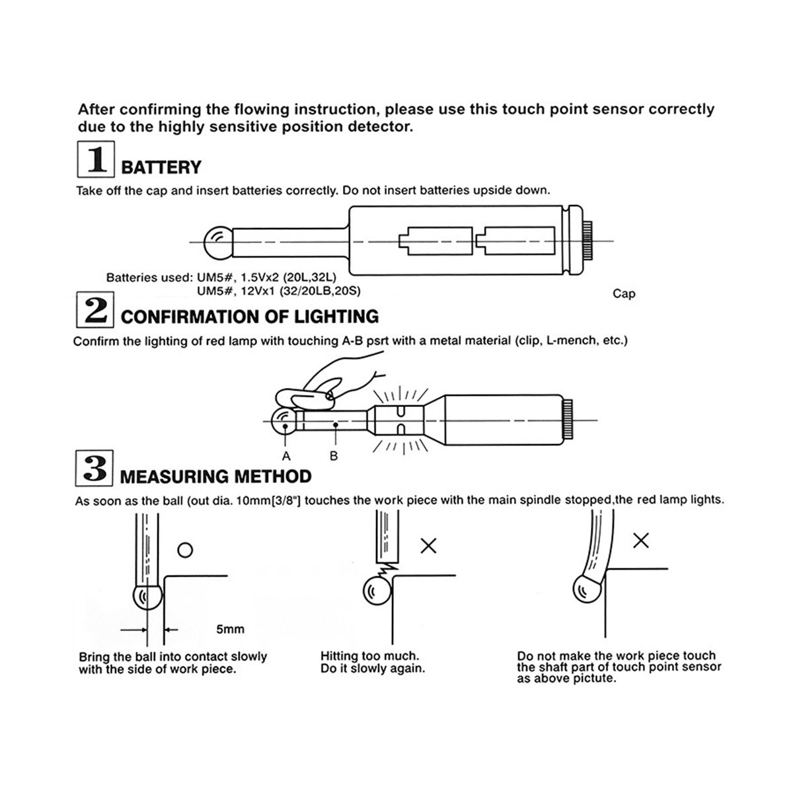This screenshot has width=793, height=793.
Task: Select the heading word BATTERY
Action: point(161,167)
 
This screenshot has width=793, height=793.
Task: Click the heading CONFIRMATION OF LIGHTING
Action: point(250,317)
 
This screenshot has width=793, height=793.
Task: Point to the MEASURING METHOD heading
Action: point(216,476)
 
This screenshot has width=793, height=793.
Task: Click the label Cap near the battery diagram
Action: point(624,293)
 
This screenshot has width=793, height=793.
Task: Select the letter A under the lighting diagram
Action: point(286,456)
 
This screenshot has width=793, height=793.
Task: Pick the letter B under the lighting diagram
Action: point(334,456)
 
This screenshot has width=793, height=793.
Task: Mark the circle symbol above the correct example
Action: point(186,549)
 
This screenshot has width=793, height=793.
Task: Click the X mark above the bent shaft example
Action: point(640,541)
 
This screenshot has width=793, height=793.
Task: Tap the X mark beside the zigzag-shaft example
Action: point(429,546)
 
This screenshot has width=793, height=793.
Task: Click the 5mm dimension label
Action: point(230,629)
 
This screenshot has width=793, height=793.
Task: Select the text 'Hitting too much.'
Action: point(369,656)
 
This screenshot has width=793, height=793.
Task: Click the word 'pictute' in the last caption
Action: point(593,679)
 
